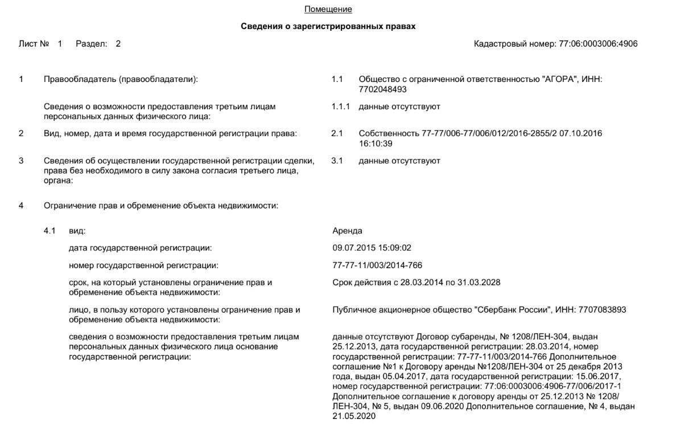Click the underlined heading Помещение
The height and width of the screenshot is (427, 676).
(328, 9)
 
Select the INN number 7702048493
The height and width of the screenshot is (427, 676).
(383, 89)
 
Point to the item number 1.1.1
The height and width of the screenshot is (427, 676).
(340, 106)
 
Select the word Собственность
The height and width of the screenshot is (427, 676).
(389, 133)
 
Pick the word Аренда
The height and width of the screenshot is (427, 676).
(347, 231)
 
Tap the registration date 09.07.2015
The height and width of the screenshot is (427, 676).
(353, 248)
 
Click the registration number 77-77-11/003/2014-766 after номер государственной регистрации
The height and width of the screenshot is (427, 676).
(377, 265)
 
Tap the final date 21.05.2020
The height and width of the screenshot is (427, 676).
(354, 416)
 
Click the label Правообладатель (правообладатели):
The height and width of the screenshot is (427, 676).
(121, 80)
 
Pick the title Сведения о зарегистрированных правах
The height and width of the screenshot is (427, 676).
(328, 26)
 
